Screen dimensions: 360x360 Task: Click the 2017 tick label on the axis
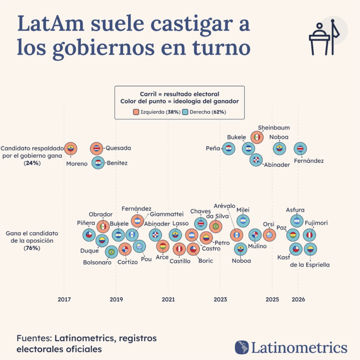coord(64,300)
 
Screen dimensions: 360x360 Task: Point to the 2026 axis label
coord(298,300)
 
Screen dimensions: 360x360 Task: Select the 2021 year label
coord(168,300)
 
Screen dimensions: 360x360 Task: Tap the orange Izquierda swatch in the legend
coord(136,112)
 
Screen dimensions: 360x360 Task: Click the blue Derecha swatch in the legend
coord(185,112)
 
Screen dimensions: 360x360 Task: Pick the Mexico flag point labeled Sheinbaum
coord(257,137)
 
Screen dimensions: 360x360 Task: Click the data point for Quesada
coord(96,149)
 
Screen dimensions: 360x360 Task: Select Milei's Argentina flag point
coord(243,221)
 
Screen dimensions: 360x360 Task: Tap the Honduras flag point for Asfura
coord(297,221)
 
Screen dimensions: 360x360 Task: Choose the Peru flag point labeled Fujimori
coord(309,235)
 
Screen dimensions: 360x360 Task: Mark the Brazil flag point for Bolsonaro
coord(111,252)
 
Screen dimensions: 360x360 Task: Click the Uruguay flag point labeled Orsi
coord(269,235)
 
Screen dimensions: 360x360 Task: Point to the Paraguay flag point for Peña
coord(229,149)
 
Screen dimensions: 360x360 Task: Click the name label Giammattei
coord(167,214)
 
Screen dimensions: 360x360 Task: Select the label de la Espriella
coord(310,265)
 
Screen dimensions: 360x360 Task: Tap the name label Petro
coord(222,243)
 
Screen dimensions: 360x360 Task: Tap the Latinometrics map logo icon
coord(242,347)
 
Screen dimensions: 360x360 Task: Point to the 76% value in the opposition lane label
coord(32,248)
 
